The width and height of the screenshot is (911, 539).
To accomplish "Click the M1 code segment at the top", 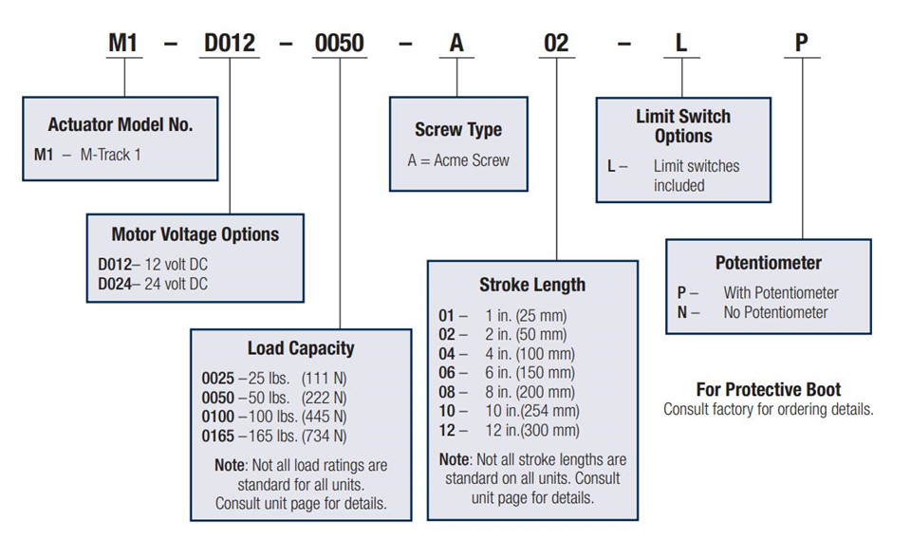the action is click(x=122, y=43).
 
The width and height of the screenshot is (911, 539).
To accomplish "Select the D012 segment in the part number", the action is click(x=230, y=43).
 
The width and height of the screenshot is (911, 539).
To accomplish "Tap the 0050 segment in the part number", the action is click(x=340, y=43).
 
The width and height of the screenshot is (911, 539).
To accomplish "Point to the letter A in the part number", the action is click(x=456, y=43).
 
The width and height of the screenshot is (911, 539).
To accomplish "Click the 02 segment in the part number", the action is click(x=556, y=43).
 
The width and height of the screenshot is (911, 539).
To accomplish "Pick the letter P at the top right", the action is click(x=801, y=43).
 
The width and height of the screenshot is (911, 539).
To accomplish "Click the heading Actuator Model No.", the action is click(x=121, y=124).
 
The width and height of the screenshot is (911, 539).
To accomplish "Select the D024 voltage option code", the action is click(x=115, y=284).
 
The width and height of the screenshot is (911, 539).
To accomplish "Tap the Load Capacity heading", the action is click(x=301, y=348).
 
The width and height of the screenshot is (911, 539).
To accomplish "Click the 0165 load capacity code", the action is click(x=218, y=437).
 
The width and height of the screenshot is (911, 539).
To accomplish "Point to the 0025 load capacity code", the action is click(x=218, y=379).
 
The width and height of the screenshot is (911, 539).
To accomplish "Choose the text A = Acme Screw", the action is click(x=458, y=160).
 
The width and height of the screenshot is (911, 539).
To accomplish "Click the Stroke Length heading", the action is click(x=532, y=285).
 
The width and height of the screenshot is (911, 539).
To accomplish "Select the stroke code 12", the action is click(x=447, y=431).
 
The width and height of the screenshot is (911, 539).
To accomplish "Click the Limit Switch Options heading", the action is click(x=683, y=126).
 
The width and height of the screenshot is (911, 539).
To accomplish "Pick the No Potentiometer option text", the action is click(x=775, y=312).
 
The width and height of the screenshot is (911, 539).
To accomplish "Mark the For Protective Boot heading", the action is click(x=769, y=389).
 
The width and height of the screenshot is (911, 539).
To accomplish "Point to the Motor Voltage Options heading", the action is click(x=195, y=234).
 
